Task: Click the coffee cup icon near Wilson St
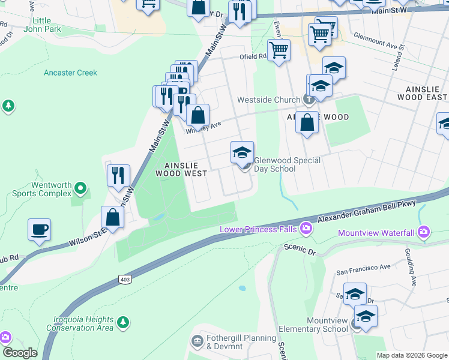click(x=39, y=230)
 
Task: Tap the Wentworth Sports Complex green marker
click(x=80, y=191)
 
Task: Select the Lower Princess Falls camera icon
click(x=306, y=228)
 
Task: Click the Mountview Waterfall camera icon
click(x=424, y=232)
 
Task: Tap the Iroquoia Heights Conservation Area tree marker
click(x=123, y=322)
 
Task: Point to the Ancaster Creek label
click(x=70, y=73)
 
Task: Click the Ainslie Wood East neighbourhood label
click(x=422, y=92)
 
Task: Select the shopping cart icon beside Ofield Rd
click(x=279, y=50)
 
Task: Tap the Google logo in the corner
click(x=19, y=353)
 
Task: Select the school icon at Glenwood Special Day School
click(x=243, y=152)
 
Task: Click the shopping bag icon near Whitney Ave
click(x=197, y=116)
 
